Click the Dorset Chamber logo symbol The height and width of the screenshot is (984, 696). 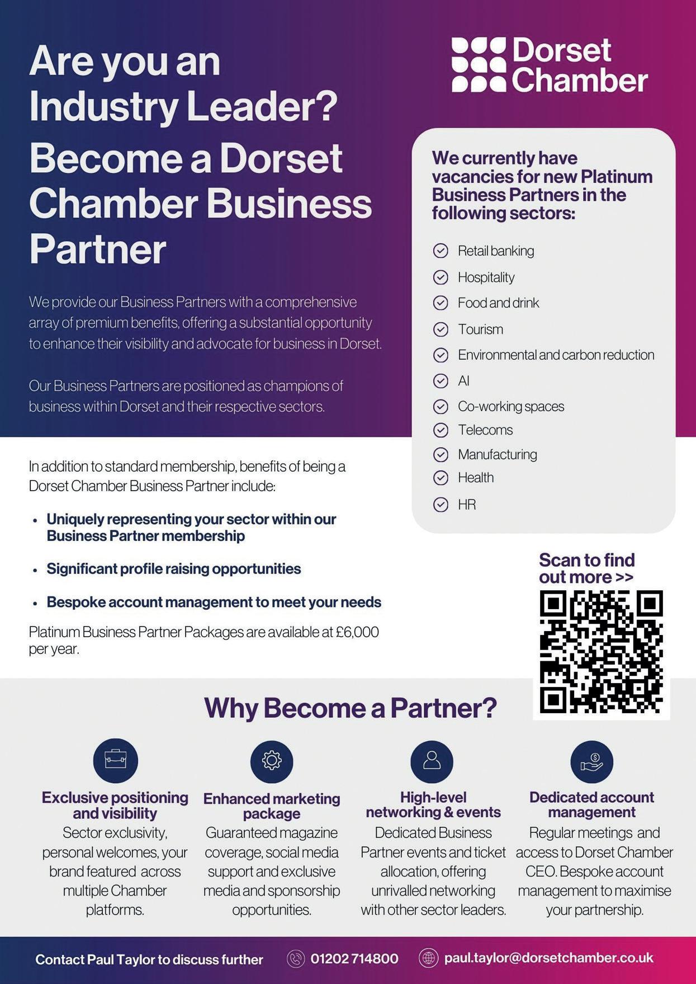[479, 64]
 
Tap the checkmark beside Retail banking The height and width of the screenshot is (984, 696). [441, 251]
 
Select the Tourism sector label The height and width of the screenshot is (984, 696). [480, 329]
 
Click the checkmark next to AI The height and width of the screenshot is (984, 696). [441, 381]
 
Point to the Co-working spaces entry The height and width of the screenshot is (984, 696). [510, 406]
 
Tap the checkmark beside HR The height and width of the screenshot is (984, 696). [441, 505]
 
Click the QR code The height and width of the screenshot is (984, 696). [601, 652]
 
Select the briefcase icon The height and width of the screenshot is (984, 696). [116, 760]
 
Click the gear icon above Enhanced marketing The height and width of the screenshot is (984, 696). [272, 760]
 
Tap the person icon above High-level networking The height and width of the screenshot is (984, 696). [432, 760]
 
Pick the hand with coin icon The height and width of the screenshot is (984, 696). [591, 761]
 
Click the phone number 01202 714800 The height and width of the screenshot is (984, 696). [354, 959]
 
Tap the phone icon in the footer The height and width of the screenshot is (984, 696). [295, 959]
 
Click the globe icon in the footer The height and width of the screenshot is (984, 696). [428, 958]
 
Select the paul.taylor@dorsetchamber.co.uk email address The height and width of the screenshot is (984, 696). [548, 958]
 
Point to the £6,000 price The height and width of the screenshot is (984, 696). [357, 632]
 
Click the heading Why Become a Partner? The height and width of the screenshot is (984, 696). [351, 708]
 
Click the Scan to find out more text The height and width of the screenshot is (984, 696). [586, 568]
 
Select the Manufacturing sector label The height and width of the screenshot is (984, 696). [497, 454]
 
